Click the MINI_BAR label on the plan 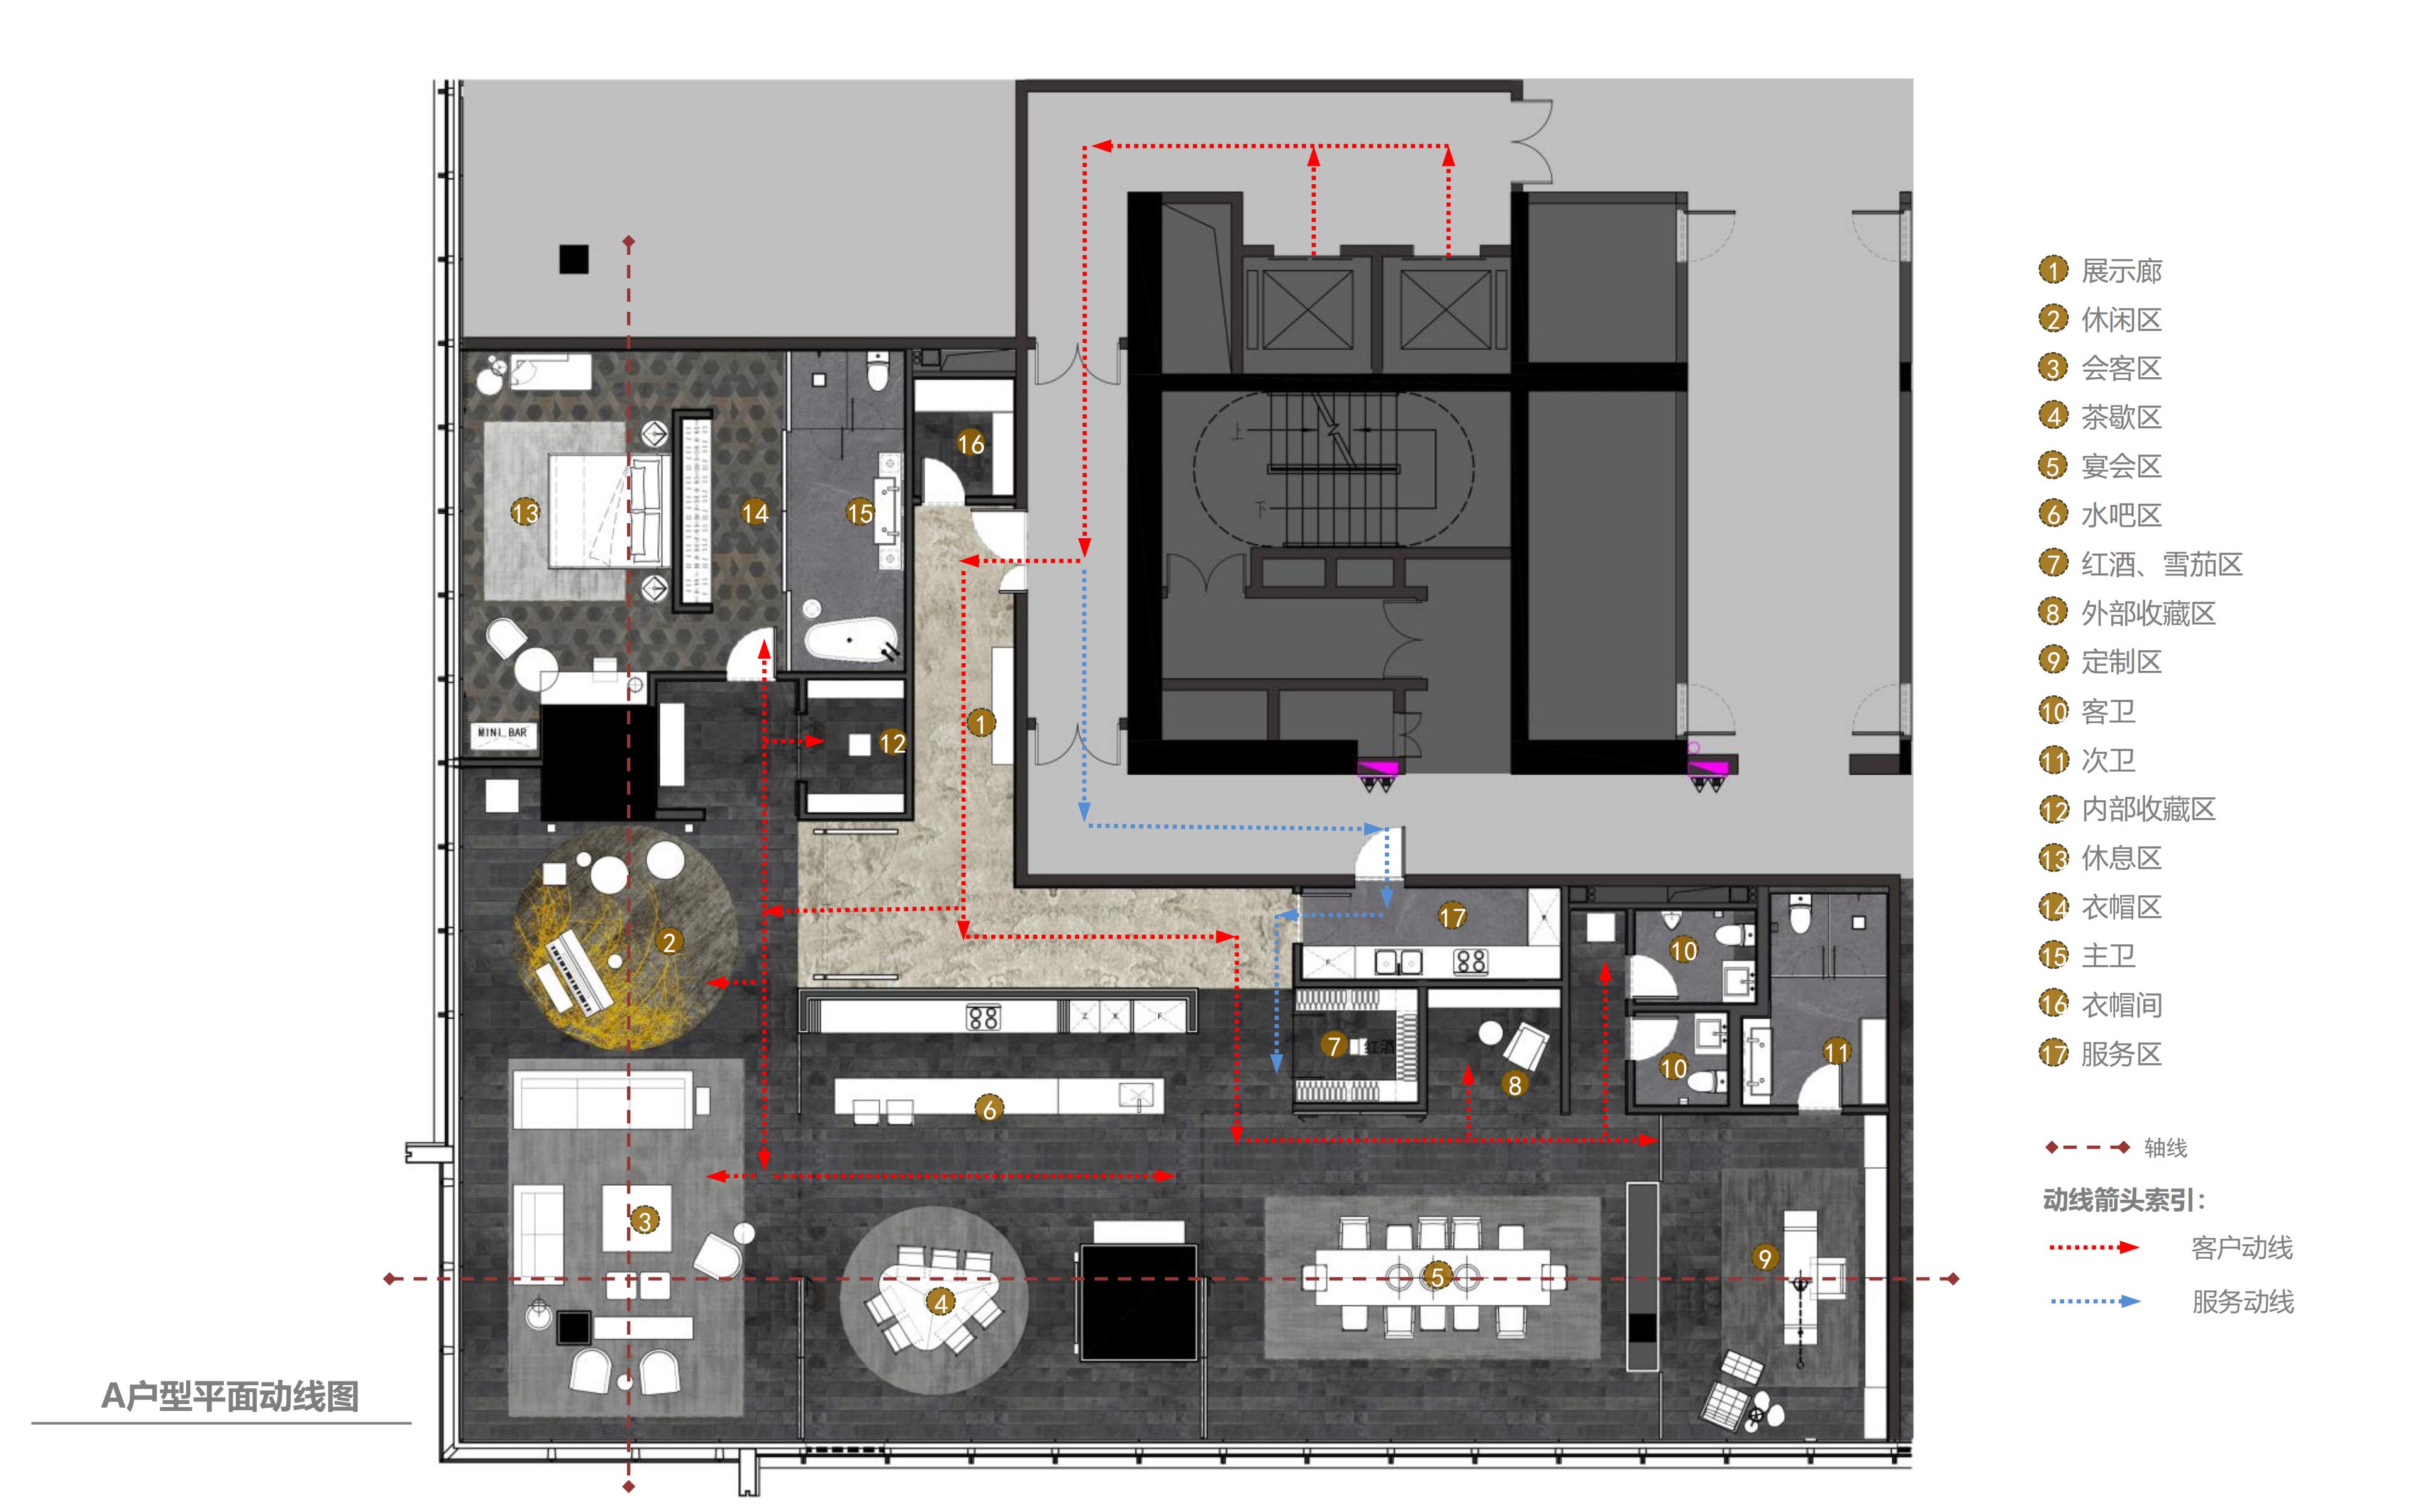point(502,732)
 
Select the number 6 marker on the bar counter point(989,1108)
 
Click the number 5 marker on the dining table point(1437,1276)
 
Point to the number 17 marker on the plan point(1452,916)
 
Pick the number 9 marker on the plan point(1764,1259)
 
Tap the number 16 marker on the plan point(970,444)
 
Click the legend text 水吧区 point(2121,515)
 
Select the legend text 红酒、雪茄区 point(2162,564)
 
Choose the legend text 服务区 point(2121,1054)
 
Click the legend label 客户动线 point(2241,1247)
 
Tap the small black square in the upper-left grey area point(574,260)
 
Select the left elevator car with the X point(1299,309)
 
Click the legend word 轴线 point(2165,1147)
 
